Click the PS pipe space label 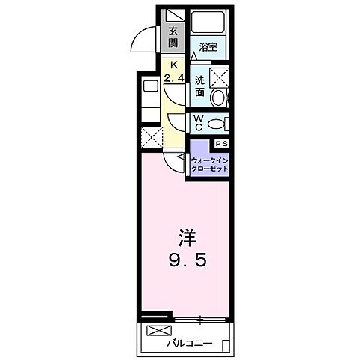[x=222, y=143]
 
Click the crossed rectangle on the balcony [x=158, y=331]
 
